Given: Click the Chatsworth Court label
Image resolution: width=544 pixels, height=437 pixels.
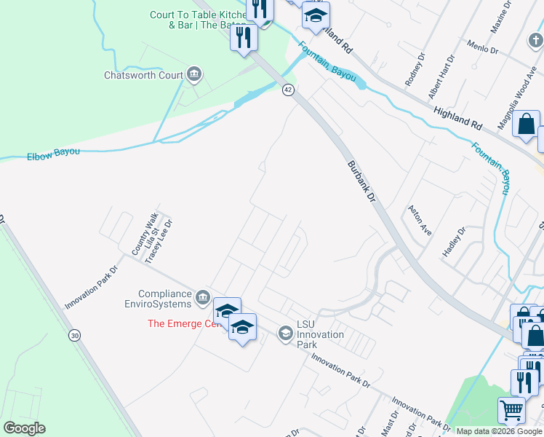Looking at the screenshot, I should (143, 75).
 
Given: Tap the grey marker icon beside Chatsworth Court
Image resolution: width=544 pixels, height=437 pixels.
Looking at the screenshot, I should (194, 74).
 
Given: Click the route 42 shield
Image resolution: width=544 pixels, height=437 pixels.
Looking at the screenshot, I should (288, 90).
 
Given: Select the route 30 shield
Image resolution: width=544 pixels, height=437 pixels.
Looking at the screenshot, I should (74, 335).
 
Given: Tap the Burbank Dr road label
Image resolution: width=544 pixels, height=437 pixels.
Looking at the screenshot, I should (361, 181).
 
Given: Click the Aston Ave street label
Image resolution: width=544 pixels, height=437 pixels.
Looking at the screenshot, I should (421, 219).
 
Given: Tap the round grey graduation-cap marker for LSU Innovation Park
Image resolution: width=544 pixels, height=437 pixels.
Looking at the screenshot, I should (285, 334).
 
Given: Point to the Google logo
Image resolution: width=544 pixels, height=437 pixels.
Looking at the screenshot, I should (24, 428).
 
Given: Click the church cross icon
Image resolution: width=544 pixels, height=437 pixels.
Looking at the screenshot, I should (535, 40).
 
